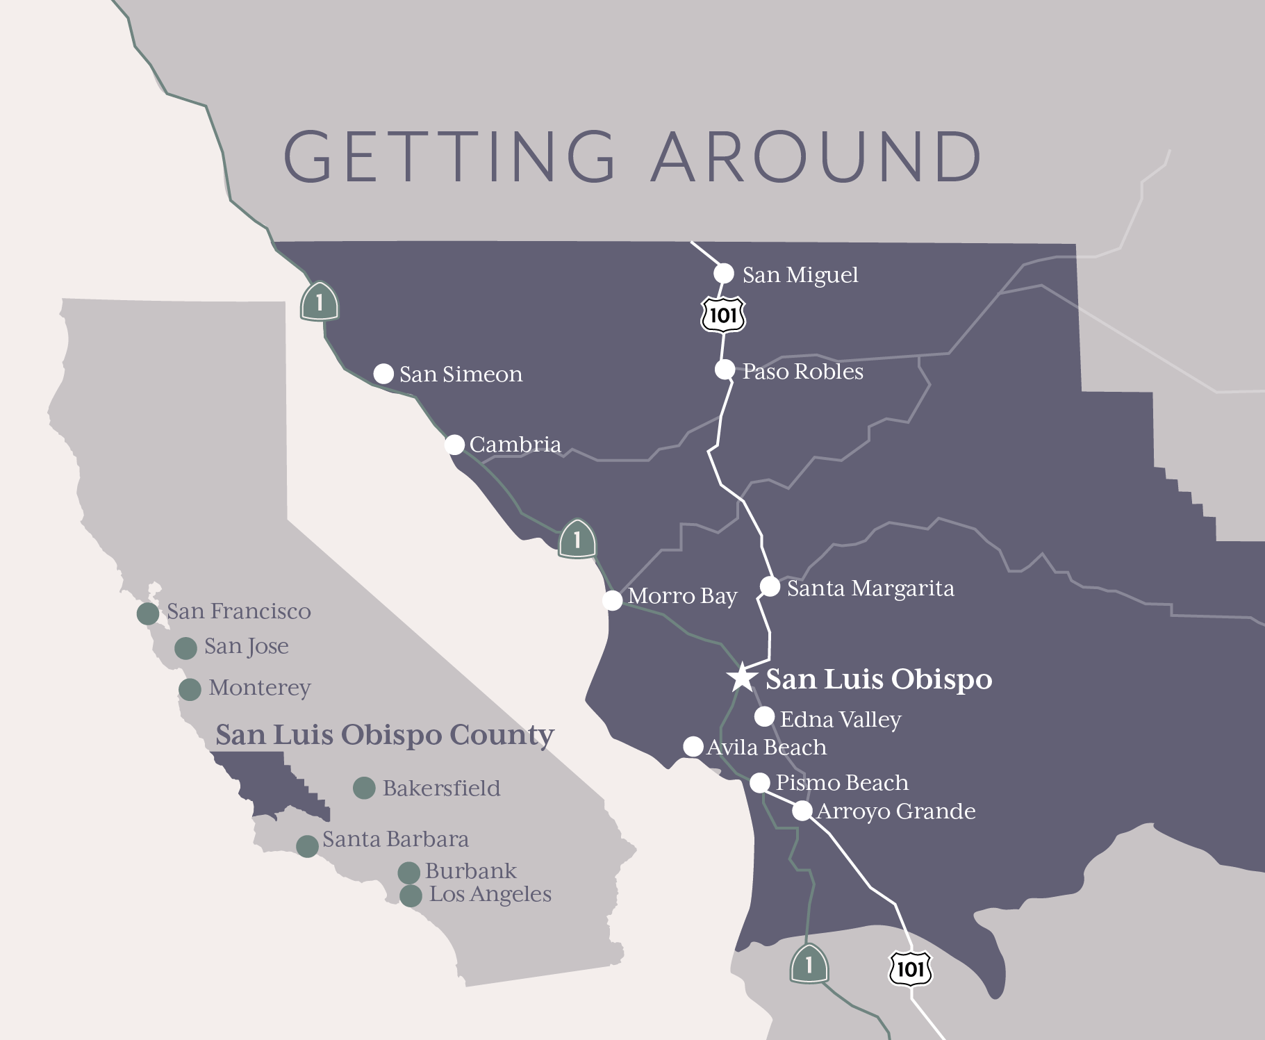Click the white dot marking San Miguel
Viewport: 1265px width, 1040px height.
(x=724, y=273)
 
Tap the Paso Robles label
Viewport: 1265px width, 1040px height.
(x=802, y=372)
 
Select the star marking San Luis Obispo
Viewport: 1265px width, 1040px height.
(x=742, y=677)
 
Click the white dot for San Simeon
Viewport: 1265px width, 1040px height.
(x=383, y=374)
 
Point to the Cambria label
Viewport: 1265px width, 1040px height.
(x=515, y=445)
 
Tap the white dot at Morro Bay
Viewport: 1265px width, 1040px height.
(x=612, y=600)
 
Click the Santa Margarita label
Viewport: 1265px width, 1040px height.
(x=870, y=588)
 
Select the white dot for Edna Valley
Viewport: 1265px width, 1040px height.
(x=764, y=716)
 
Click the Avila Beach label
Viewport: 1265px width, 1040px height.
(x=766, y=748)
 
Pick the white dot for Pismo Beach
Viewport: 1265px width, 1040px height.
(x=760, y=783)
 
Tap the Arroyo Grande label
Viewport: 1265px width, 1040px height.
(x=895, y=811)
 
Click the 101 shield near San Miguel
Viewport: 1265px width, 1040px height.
(x=723, y=315)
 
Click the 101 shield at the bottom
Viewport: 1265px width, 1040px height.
(x=910, y=969)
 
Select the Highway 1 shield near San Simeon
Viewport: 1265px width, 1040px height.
(x=319, y=302)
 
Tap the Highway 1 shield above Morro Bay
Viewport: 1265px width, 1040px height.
(x=577, y=539)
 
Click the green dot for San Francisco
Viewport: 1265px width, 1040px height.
(x=148, y=613)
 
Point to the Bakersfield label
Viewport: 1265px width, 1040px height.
(x=441, y=789)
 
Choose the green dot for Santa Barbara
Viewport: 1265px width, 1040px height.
(x=307, y=845)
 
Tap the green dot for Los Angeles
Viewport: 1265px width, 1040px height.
(x=411, y=895)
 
